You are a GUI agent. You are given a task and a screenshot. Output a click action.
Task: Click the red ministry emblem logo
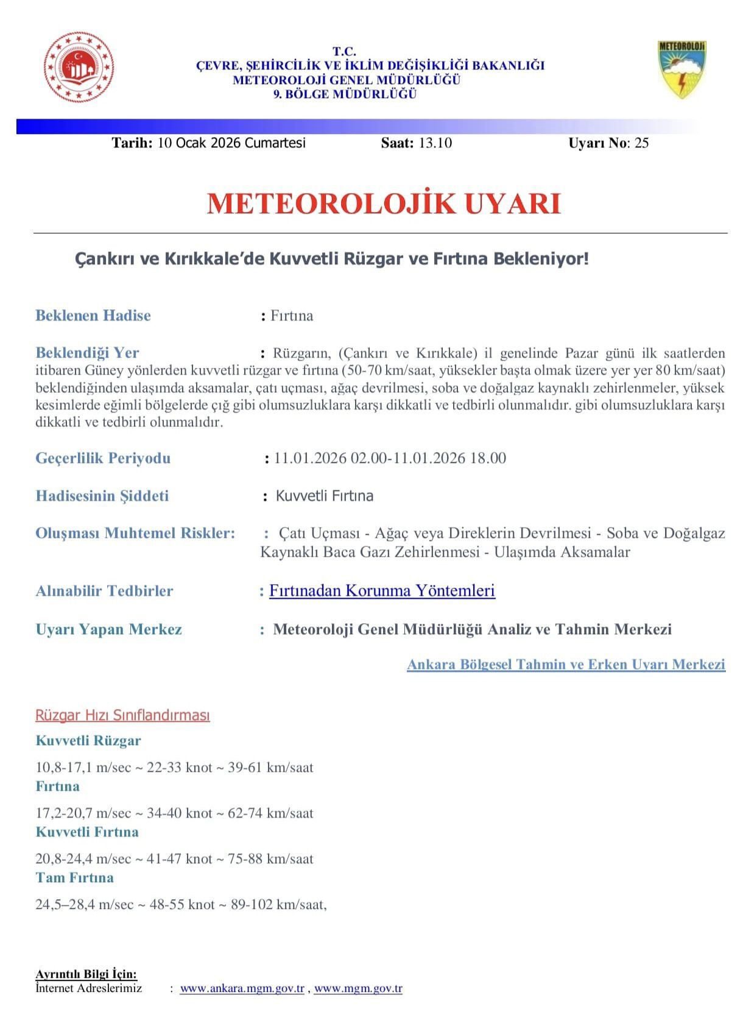[79, 67]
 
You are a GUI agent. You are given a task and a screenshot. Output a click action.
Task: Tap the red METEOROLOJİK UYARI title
[384, 203]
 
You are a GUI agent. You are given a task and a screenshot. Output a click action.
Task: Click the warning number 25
[641, 143]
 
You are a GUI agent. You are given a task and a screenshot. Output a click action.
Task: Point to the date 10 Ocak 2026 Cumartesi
[231, 143]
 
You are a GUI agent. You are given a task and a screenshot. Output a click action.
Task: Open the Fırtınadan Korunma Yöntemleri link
[382, 590]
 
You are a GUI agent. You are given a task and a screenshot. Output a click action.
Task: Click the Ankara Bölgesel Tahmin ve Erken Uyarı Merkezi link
[566, 664]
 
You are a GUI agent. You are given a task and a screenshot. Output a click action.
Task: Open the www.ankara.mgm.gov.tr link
[242, 988]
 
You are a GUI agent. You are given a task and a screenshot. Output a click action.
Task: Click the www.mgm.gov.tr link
[358, 988]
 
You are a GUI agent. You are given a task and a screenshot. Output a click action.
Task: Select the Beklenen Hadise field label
[93, 316]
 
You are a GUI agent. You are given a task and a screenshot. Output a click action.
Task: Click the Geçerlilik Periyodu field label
[103, 458]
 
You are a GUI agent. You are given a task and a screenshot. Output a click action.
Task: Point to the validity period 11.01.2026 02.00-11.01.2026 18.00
[390, 458]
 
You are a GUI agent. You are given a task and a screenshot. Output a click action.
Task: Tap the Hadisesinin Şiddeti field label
[102, 496]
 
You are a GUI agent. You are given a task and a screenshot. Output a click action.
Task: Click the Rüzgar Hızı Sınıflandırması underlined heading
[122, 715]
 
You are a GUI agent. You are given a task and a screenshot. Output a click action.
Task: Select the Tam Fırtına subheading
[74, 877]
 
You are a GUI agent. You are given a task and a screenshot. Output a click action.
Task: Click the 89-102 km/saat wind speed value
[278, 905]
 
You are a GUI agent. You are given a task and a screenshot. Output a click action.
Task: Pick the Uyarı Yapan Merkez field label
[109, 629]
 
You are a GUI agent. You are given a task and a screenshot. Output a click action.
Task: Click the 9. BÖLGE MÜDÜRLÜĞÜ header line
[345, 94]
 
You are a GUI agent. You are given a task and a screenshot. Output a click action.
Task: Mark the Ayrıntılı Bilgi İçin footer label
[86, 974]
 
